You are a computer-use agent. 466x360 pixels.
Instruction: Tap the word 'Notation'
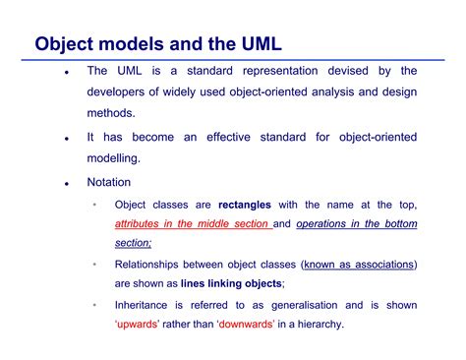[x=109, y=183]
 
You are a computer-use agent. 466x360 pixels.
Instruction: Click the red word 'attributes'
[x=142, y=224]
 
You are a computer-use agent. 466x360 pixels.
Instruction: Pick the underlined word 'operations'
[x=327, y=224]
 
